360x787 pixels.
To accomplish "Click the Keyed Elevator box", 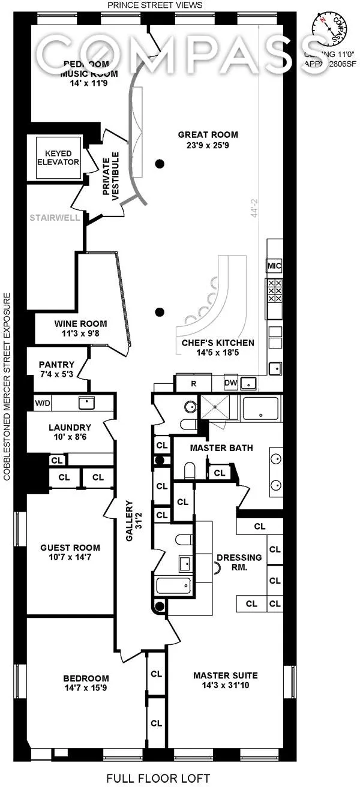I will tap(58, 158).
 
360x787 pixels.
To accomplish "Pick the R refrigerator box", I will tap(193, 383).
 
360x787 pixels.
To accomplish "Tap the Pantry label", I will tap(56, 365).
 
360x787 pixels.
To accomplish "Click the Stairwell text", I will tap(55, 218).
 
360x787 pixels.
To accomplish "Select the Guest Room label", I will tap(70, 547).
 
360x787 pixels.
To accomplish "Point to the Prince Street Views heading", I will tap(155, 5).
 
